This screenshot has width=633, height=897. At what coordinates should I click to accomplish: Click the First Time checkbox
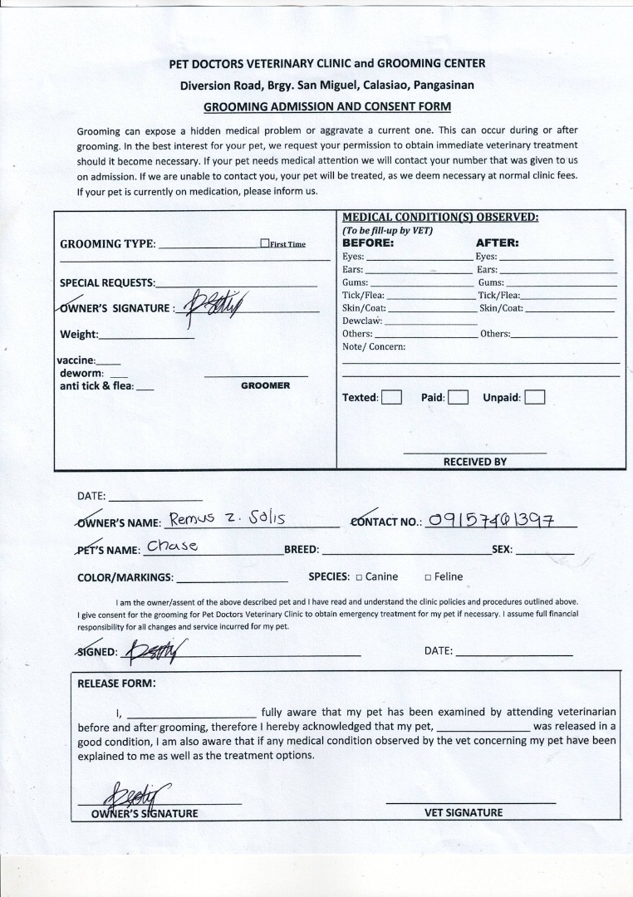[x=264, y=243]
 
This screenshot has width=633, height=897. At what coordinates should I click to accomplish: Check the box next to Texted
[x=391, y=397]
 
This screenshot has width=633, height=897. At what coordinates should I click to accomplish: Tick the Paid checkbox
[x=459, y=397]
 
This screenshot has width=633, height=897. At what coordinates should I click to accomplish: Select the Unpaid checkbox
[x=534, y=397]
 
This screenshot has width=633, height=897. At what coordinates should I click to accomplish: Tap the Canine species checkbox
[x=359, y=577]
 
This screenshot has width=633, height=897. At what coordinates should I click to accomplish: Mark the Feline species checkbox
[x=428, y=577]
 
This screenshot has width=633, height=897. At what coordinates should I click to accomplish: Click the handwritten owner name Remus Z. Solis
[x=227, y=519]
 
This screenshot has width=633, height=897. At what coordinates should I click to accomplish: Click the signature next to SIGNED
[x=154, y=651]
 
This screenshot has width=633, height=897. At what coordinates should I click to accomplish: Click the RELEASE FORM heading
[x=116, y=684]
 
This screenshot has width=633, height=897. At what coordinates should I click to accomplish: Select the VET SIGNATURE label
[x=469, y=812]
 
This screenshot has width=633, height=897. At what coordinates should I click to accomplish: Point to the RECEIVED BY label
[x=474, y=461]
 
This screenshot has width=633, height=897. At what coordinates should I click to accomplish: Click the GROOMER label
[x=265, y=385]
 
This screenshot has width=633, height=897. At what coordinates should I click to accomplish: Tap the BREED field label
[x=302, y=550]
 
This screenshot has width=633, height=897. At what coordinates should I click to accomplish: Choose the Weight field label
[x=79, y=335]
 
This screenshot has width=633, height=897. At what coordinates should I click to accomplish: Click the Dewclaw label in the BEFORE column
[x=362, y=321]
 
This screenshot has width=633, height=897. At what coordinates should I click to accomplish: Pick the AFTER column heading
[x=497, y=243]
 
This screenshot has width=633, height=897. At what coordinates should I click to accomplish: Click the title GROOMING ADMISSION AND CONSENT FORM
[x=327, y=106]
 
